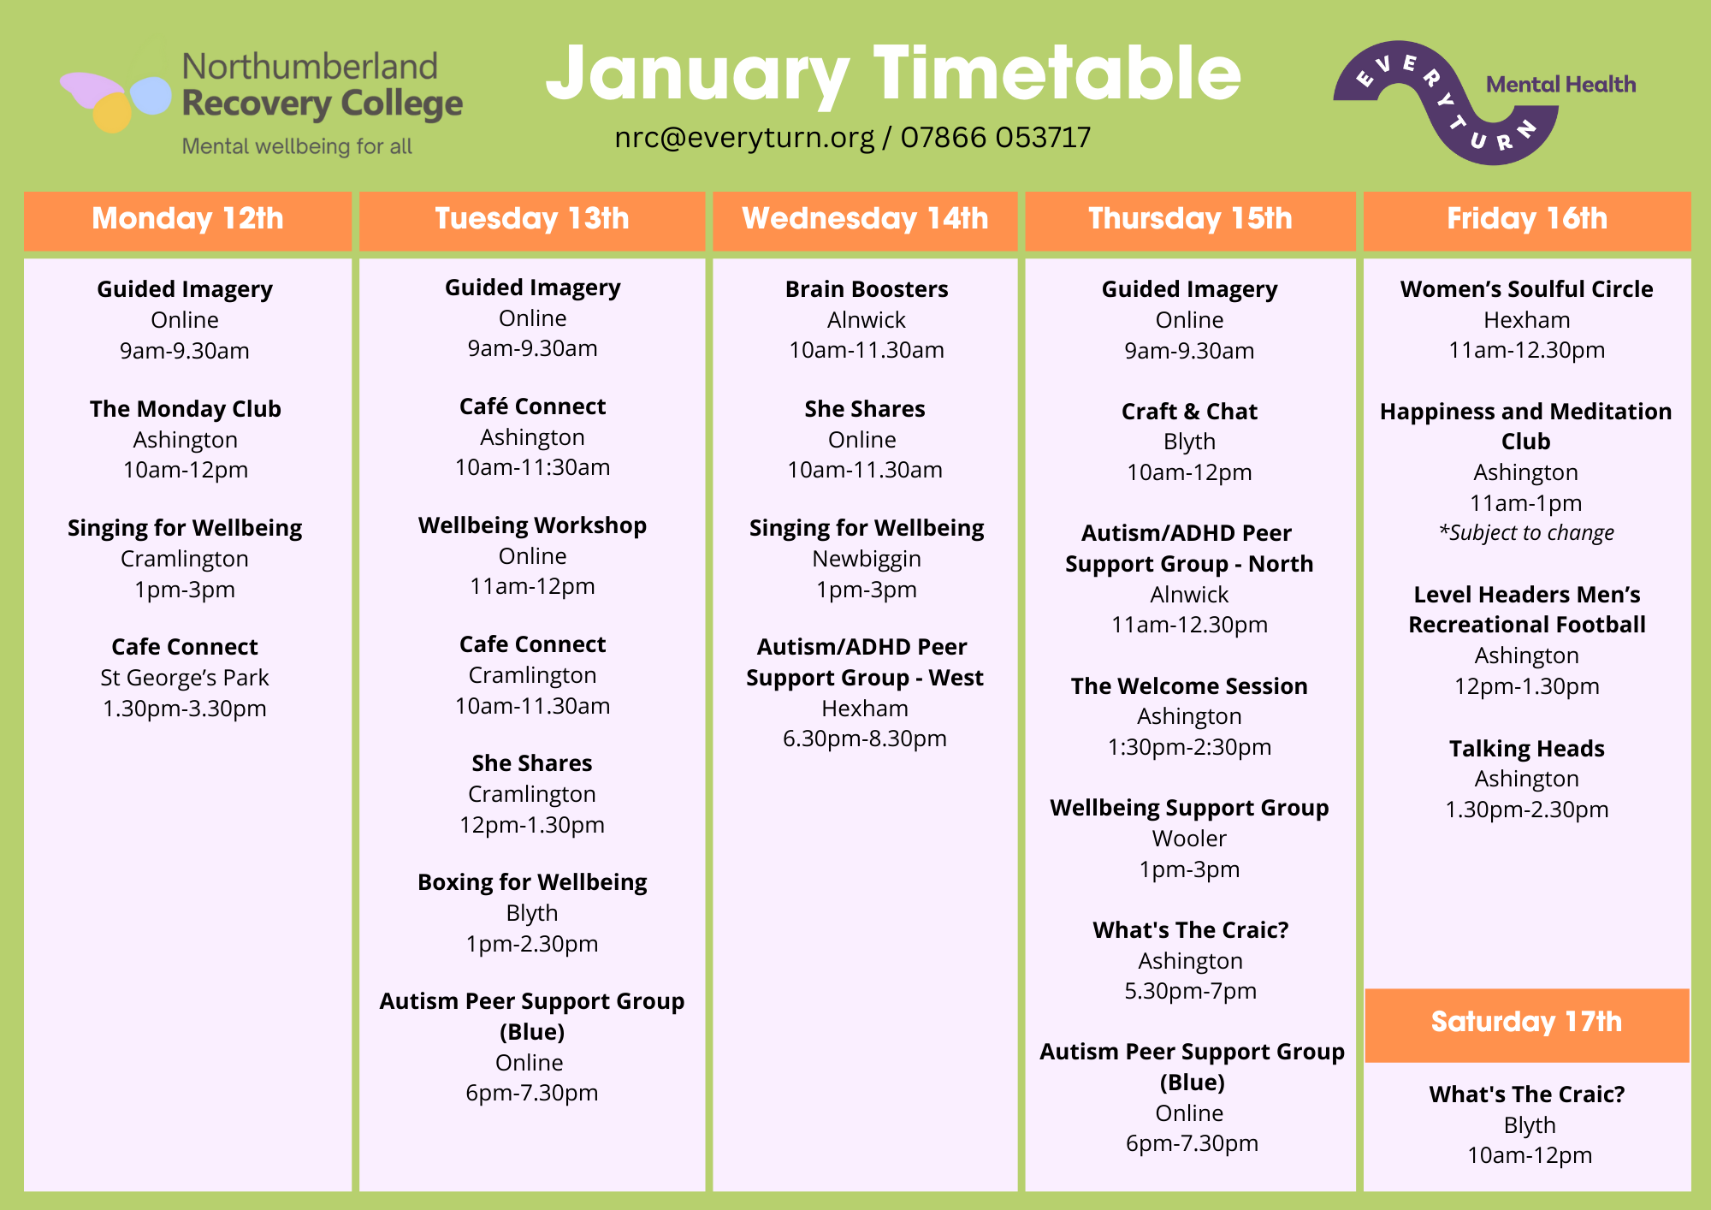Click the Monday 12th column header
pyautogui.click(x=187, y=220)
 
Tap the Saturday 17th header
pyautogui.click(x=1527, y=1024)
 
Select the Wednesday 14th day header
pyautogui.click(x=865, y=220)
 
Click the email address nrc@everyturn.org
pyautogui.click(x=744, y=138)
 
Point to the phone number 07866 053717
pyautogui.click(x=996, y=137)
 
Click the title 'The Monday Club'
pyautogui.click(x=186, y=409)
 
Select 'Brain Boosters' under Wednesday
pyautogui.click(x=867, y=289)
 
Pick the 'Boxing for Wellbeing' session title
pyautogui.click(x=532, y=882)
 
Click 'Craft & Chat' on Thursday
pyautogui.click(x=1189, y=412)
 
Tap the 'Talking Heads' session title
pyautogui.click(x=1527, y=749)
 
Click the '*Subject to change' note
pyautogui.click(x=1526, y=533)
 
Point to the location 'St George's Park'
pyautogui.click(x=185, y=678)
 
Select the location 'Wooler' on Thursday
pyautogui.click(x=1189, y=839)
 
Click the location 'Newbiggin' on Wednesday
pyautogui.click(x=867, y=560)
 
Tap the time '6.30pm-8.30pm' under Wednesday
pyautogui.click(x=865, y=738)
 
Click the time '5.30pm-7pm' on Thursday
pyautogui.click(x=1190, y=991)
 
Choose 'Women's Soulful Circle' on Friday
pyautogui.click(x=1527, y=289)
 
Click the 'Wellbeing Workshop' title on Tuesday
pyautogui.click(x=532, y=525)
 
